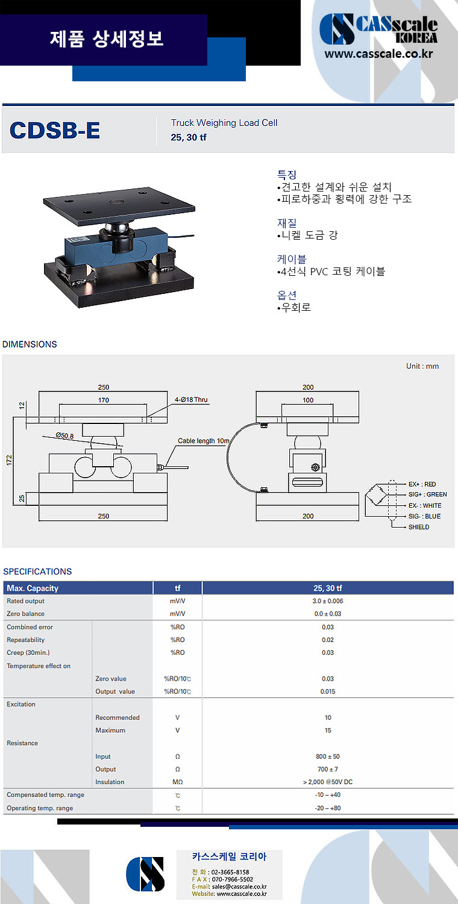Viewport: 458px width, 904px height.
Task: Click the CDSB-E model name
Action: coord(54,130)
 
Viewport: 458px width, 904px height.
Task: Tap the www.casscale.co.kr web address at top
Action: coord(378,54)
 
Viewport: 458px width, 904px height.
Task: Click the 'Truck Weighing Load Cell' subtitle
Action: coord(224,123)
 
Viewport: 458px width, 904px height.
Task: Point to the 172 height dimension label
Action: coord(9,461)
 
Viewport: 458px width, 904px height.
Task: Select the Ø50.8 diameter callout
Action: coord(64,435)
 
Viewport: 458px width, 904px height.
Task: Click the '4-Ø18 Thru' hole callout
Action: coord(191,399)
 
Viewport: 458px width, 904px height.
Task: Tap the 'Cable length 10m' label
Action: coord(204,441)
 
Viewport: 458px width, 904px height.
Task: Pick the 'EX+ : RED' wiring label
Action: coord(422,484)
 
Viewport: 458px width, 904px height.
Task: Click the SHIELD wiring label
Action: coord(419,527)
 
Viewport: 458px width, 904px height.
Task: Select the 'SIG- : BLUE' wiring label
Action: coord(424,516)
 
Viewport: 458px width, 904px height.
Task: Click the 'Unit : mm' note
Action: coord(422,366)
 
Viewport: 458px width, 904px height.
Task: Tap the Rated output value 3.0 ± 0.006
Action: coord(328,601)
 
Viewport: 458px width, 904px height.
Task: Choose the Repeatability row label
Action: coord(25,640)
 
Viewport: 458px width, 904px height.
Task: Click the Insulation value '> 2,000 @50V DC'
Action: coord(328,782)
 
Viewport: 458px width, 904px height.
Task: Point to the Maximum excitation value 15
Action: coord(328,730)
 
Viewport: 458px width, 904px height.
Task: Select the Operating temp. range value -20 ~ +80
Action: coord(328,808)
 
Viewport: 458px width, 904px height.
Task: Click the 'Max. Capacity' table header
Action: coord(33,588)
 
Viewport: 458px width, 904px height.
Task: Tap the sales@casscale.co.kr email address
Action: coord(239,887)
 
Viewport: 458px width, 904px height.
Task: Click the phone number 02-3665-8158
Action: coord(230,872)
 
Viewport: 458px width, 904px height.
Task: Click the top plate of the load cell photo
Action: coord(119,204)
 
